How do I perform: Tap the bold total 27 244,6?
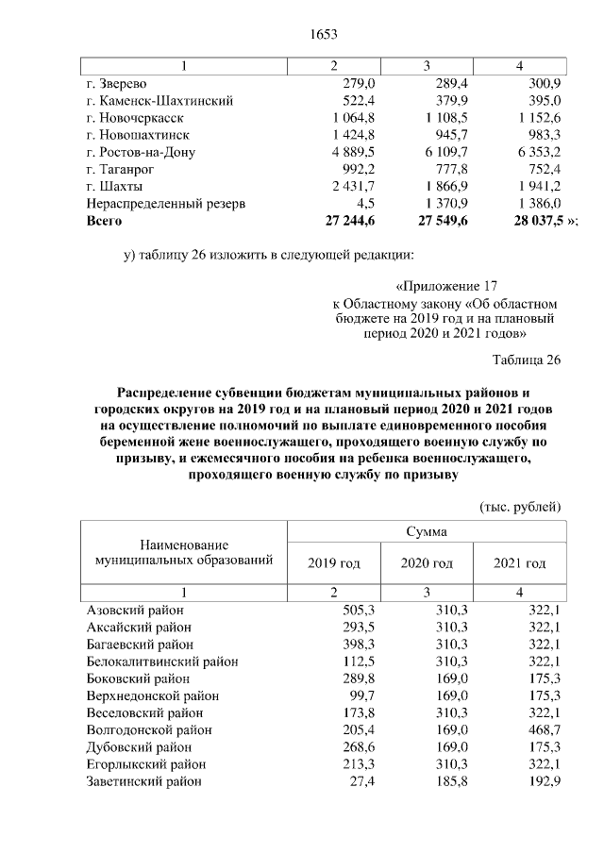tap(349, 220)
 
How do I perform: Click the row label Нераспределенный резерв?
tap(165, 203)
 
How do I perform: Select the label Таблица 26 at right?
tap(527, 360)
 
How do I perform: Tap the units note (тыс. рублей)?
tap(521, 506)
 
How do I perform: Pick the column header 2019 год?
tap(333, 563)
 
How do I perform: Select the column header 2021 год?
tap(520, 563)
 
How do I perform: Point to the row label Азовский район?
tap(135, 611)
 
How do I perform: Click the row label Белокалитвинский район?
tap(161, 661)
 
